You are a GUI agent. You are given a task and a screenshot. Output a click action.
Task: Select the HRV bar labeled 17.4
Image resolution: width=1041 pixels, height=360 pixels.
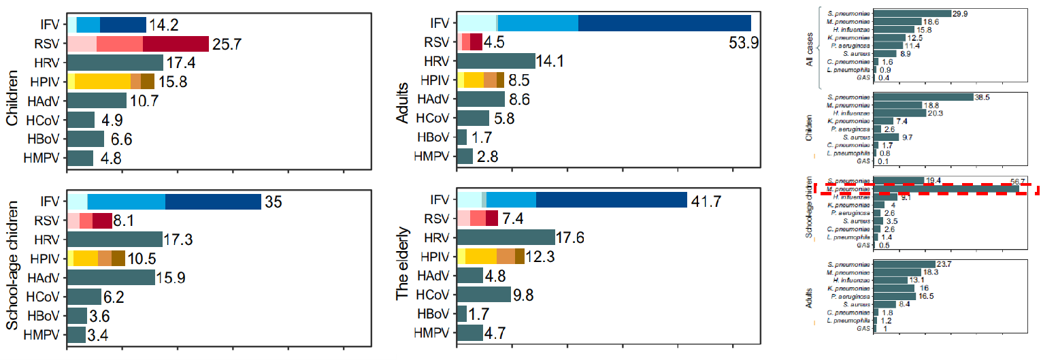pyautogui.click(x=115, y=63)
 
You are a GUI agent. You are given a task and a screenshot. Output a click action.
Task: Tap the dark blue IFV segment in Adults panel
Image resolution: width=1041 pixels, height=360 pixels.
pyautogui.click(x=664, y=22)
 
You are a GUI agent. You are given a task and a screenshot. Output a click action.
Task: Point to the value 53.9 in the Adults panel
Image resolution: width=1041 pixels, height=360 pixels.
pyautogui.click(x=744, y=42)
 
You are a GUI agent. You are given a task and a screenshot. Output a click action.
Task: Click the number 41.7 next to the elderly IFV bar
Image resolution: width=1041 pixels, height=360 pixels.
pyautogui.click(x=708, y=199)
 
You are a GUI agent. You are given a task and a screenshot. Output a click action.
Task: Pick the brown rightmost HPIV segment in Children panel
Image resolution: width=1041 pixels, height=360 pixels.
pyautogui.click(x=147, y=82)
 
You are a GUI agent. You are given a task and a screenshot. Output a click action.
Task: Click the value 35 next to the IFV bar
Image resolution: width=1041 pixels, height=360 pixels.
pyautogui.click(x=274, y=202)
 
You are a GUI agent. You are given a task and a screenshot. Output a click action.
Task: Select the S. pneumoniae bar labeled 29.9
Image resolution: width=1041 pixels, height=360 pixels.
pyautogui.click(x=912, y=13)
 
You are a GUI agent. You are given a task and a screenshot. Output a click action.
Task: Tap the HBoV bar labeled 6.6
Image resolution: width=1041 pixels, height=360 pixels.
pyautogui.click(x=85, y=139)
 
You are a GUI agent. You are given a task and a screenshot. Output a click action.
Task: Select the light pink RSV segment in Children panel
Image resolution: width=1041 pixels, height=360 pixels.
pyautogui.click(x=82, y=44)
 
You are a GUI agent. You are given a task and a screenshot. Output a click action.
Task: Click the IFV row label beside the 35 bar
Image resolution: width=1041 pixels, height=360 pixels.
pyautogui.click(x=48, y=202)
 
